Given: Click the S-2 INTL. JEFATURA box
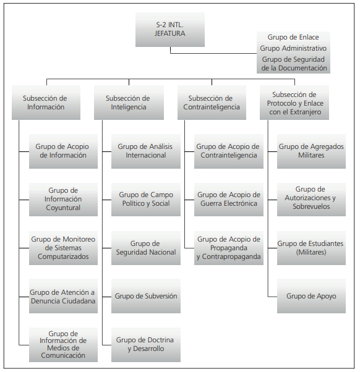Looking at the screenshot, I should pos(170,29).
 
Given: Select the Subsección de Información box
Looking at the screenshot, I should pos(46,103).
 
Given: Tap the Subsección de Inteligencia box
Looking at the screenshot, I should pos(129,103).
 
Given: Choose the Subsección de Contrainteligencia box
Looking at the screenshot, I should pos(212,103).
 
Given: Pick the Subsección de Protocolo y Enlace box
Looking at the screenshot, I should pos(294,103).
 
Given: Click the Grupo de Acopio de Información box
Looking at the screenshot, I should pos(63,151).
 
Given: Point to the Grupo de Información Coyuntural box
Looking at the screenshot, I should pos(63,199).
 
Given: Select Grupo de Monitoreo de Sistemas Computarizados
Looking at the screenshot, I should pos(63,248).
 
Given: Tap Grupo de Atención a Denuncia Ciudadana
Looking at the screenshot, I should pos(63,296).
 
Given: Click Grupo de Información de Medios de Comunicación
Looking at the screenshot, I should pos(63,345).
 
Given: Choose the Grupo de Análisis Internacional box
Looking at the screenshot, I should pos(146,151).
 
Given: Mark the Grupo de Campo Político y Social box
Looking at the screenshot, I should pos(146,199).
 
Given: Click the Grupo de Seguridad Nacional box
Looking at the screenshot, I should pos(146,248).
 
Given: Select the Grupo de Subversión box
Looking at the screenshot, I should pos(146,296).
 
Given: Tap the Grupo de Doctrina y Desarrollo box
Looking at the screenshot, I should pos(146,345).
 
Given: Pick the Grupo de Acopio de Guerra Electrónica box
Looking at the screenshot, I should pos(229,199).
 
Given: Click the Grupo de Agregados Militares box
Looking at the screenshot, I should pos(311,151).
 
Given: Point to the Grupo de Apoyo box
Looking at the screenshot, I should pos(311,296).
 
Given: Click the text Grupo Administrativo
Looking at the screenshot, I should pos(293,48).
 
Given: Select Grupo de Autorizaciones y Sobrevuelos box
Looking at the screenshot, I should pos(311,199).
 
